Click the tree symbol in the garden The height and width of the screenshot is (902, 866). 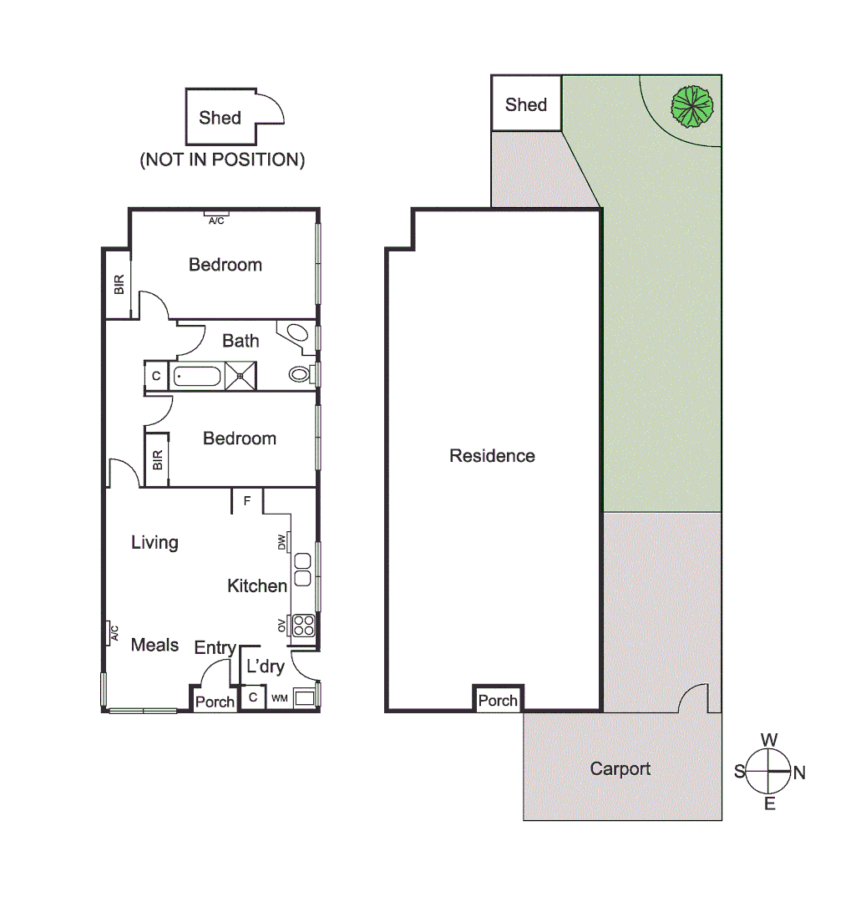[x=693, y=106]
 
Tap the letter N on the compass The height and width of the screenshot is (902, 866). [x=799, y=773]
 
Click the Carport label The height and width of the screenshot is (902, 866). [x=620, y=768]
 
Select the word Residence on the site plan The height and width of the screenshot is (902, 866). [x=492, y=456]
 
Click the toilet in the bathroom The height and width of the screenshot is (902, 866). [x=299, y=374]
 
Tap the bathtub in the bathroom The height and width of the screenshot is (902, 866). [x=197, y=376]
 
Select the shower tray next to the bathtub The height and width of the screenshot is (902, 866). [x=241, y=376]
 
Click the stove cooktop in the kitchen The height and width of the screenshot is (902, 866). [x=302, y=626]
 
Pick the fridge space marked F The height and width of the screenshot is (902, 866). [x=247, y=501]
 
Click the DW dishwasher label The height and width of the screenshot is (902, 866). [x=282, y=543]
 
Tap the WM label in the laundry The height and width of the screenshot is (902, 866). [x=279, y=697]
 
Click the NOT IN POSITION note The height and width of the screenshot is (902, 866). [x=222, y=160]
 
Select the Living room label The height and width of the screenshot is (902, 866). [x=154, y=543]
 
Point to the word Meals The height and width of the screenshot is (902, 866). [x=154, y=645]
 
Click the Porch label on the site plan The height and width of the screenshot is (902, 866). [x=498, y=701]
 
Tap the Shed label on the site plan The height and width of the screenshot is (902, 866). [x=526, y=104]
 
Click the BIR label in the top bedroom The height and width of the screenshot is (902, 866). [x=119, y=285]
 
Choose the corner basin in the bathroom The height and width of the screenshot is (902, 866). [x=296, y=332]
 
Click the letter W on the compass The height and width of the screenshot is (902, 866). [x=769, y=740]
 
